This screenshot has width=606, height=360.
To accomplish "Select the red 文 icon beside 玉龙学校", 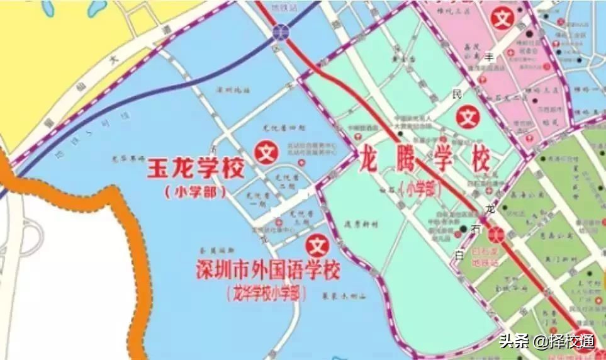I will point(266,152).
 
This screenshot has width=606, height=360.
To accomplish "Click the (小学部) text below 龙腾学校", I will point(420,188).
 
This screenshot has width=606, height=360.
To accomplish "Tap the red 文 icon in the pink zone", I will point(502,17).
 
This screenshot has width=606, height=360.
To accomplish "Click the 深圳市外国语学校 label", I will point(269,271).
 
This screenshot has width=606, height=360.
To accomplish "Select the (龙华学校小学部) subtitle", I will point(267,293).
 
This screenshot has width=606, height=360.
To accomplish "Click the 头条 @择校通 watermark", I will point(546,341).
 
